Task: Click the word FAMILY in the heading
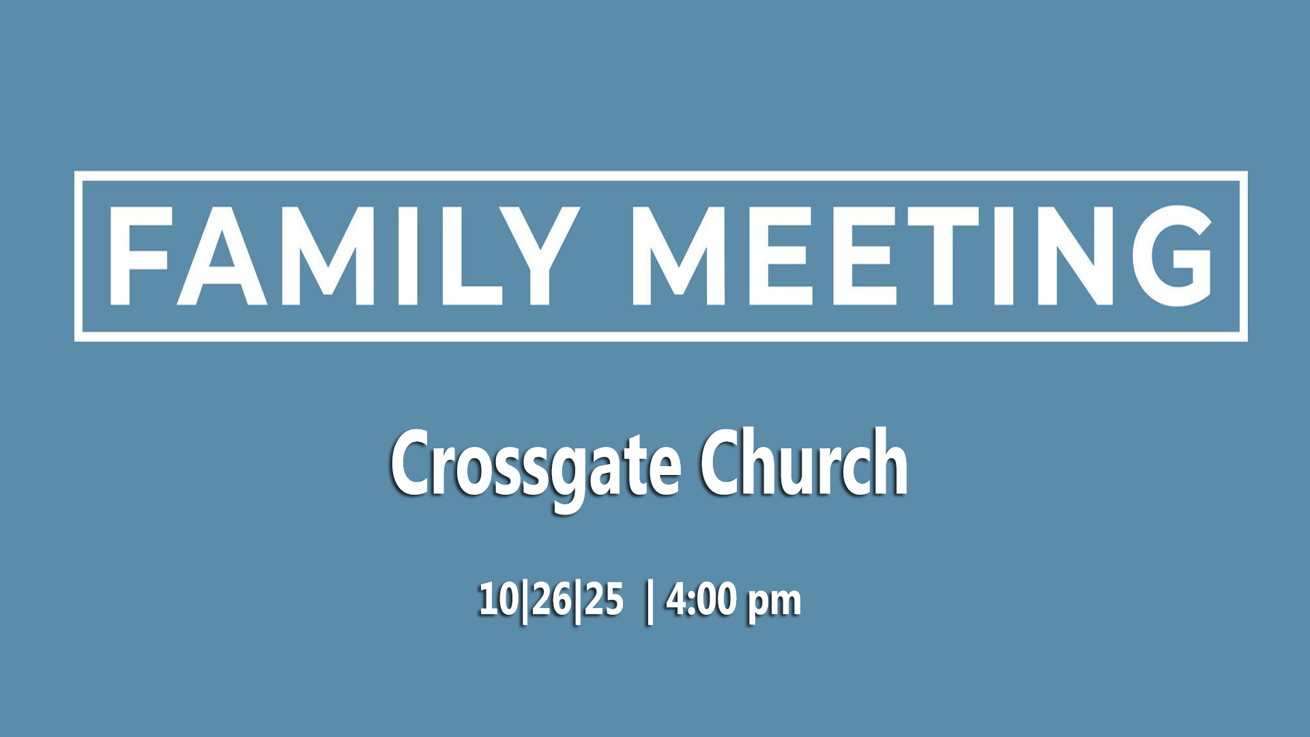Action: pos(345,256)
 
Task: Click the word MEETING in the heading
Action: pos(922,256)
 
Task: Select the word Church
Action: pos(804,463)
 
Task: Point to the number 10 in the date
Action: pos(499,599)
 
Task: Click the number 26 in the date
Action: pos(551,599)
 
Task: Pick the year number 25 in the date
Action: pos(603,599)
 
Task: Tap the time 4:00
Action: pos(702,599)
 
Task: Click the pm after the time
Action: pos(774,603)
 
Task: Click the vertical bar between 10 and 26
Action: pos(525,601)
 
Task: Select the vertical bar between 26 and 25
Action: pos(578,601)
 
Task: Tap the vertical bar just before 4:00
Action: pos(649,601)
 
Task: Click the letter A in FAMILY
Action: pos(221,256)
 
